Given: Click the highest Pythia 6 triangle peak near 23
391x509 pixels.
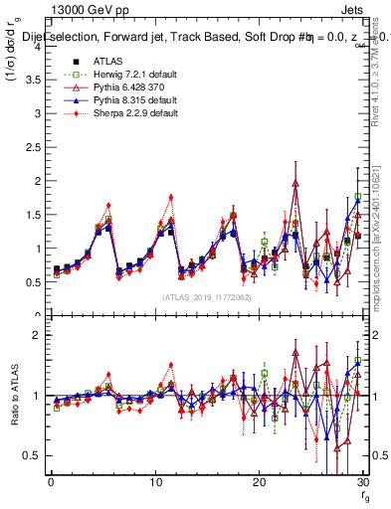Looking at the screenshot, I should pyautogui.click(x=295, y=183).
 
